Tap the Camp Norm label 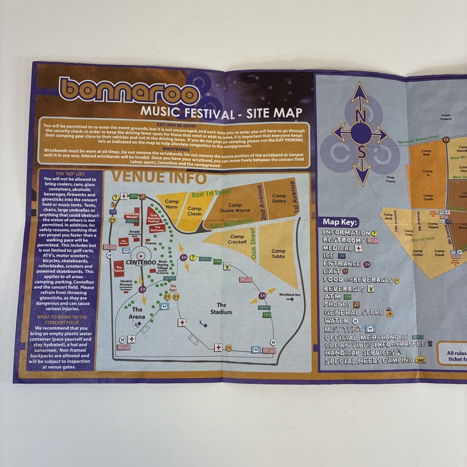tap(172, 204)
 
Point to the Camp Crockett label tap(237, 239)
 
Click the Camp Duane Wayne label tap(234, 208)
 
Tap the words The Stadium tap(221, 308)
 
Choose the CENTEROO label tap(141, 262)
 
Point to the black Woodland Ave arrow tap(290, 299)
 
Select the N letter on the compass tap(360, 116)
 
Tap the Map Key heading tap(340, 222)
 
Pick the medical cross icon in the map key tap(359, 248)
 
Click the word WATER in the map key tap(336, 321)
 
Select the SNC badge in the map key tap(420, 360)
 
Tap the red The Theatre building tap(119, 267)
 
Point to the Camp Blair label tap(426, 153)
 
